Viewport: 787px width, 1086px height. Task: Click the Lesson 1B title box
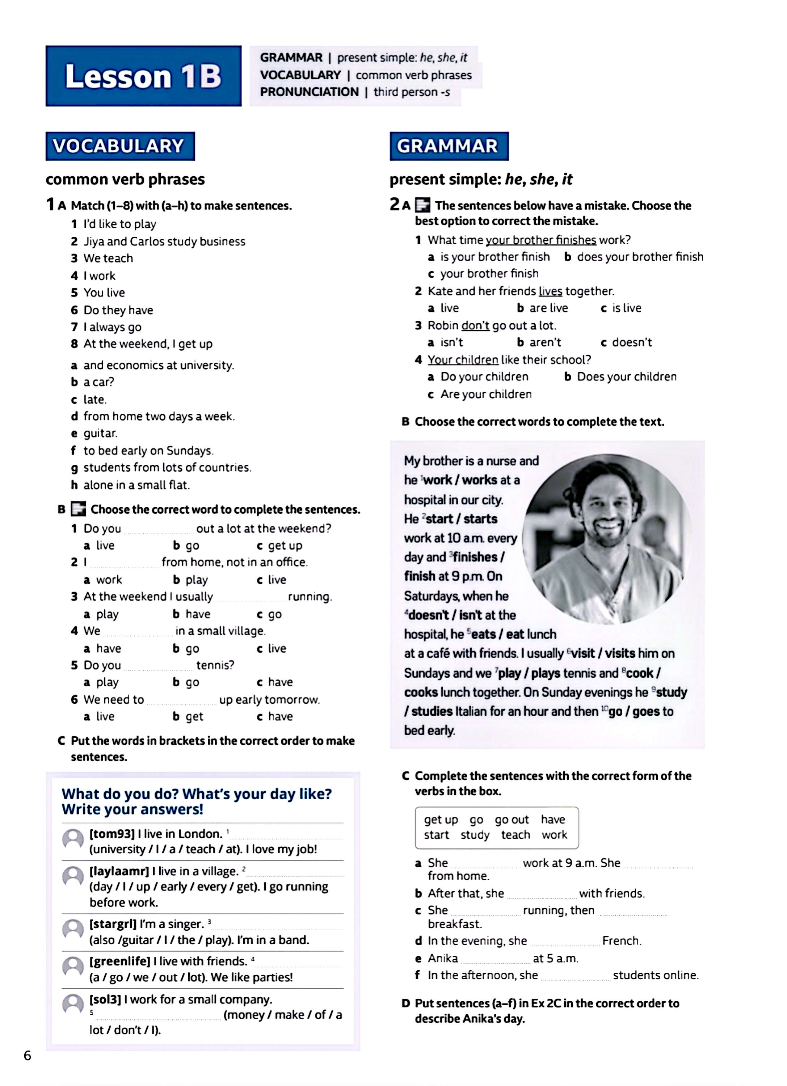(x=143, y=76)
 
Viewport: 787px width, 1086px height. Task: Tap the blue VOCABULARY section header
(x=120, y=146)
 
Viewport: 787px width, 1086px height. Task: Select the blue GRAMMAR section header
(x=449, y=146)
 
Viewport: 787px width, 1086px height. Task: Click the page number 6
(x=27, y=1055)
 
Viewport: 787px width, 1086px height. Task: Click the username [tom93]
(x=112, y=834)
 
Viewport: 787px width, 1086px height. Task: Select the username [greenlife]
(x=120, y=961)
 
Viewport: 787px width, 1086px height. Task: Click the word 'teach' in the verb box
(x=515, y=835)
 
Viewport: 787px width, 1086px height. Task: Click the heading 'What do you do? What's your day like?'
(x=196, y=794)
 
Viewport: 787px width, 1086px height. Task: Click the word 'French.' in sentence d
(x=621, y=940)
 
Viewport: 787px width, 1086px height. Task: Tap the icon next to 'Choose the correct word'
(x=78, y=509)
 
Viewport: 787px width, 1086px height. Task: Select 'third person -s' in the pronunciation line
(x=412, y=92)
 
